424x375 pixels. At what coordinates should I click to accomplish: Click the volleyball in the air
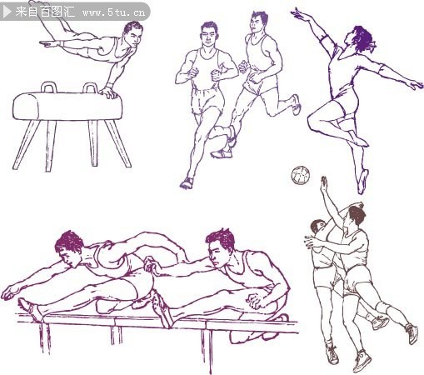coord(301,175)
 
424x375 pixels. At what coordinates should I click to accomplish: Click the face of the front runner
coord(209,36)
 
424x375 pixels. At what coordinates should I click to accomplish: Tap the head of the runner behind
coord(258,22)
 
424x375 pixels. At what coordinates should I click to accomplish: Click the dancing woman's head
coord(360,39)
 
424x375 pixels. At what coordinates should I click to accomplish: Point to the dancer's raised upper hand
coord(298,14)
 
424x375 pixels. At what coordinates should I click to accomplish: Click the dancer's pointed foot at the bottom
coord(362,181)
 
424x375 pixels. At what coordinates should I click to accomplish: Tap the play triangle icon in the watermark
coord(7,12)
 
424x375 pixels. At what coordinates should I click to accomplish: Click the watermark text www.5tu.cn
coord(114,12)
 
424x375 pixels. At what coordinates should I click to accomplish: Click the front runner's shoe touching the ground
coord(187,183)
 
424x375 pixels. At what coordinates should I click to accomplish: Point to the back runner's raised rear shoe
coord(297,104)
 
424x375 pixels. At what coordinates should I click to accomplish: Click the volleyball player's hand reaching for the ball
coord(324,184)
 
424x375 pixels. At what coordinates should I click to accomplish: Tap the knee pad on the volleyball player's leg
coord(382,307)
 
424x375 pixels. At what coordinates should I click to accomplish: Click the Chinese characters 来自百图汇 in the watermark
coord(45,12)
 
